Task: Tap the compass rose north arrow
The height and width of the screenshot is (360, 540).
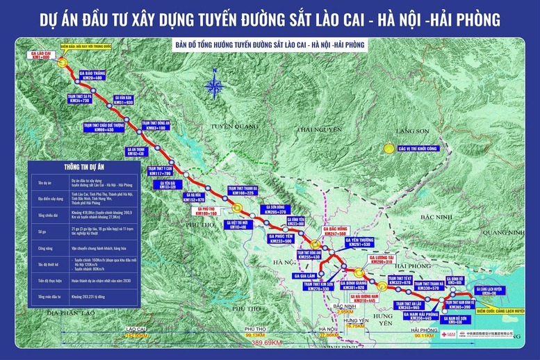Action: [x=215, y=88]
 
